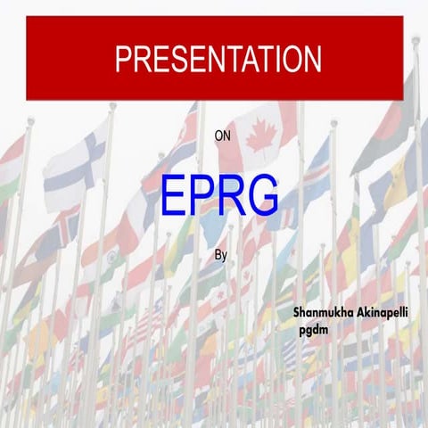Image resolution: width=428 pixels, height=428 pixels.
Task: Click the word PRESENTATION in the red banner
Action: (x=218, y=59)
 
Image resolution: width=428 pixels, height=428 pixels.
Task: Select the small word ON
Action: (x=222, y=136)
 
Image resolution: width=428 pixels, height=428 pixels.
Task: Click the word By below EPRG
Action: (x=221, y=255)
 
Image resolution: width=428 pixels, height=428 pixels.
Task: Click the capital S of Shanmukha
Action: (x=296, y=315)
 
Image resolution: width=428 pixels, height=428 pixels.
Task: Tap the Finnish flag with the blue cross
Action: (x=76, y=165)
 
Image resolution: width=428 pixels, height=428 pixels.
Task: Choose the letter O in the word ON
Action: (x=218, y=136)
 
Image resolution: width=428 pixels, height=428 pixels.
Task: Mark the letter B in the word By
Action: (x=218, y=254)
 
